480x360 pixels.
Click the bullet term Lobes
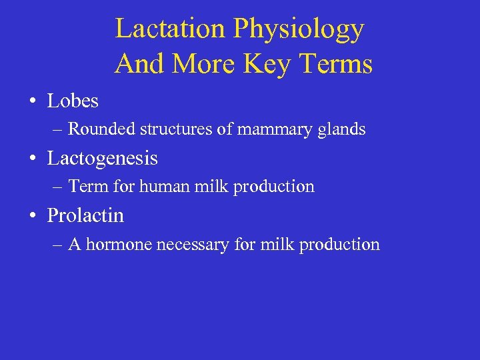tap(73, 101)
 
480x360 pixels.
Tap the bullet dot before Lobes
tap(32, 102)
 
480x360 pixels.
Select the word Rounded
tap(101, 129)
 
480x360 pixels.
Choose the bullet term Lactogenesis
tap(102, 159)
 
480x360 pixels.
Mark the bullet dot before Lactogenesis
tap(32, 159)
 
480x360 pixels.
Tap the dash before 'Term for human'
tap(58, 187)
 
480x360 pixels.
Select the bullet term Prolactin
tap(85, 216)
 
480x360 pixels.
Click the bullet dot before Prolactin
tap(32, 217)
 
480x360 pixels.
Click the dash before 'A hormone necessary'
tap(58, 245)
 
